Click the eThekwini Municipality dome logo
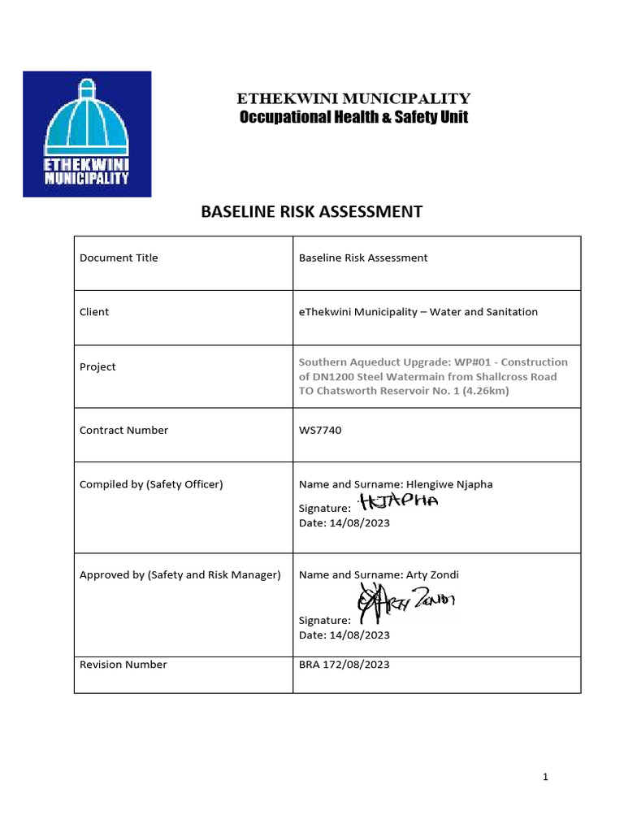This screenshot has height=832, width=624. coord(87,134)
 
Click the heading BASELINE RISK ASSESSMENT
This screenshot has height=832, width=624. coord(311,212)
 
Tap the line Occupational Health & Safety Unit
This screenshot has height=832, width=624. coord(353,118)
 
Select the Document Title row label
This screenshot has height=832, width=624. coord(119,258)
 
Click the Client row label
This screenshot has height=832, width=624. coord(94,312)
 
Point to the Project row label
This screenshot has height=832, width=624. coord(97,366)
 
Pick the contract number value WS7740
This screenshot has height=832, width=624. coord(320,430)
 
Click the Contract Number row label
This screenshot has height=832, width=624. coord(123,430)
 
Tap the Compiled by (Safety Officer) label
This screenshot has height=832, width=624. coord(151,484)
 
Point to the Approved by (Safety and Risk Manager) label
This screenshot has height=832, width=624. coord(180,574)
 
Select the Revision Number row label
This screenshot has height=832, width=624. coord(123,665)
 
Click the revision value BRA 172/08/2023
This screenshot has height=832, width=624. coord(344,665)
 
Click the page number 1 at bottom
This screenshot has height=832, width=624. coord(546,778)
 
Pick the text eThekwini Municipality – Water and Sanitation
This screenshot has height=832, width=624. coord(418,312)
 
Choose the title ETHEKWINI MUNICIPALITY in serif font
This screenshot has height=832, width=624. coord(353,99)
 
